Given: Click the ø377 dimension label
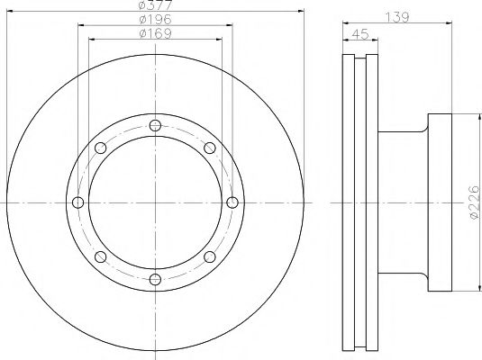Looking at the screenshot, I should (154, 6).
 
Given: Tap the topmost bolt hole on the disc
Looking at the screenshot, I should (155, 125).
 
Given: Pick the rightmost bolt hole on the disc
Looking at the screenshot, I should (232, 202).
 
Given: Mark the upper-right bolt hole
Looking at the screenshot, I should (209, 148).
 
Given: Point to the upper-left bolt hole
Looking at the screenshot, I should (101, 148).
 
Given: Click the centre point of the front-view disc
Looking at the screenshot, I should (155, 202).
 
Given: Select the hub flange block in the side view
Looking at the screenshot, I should (441, 202).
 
